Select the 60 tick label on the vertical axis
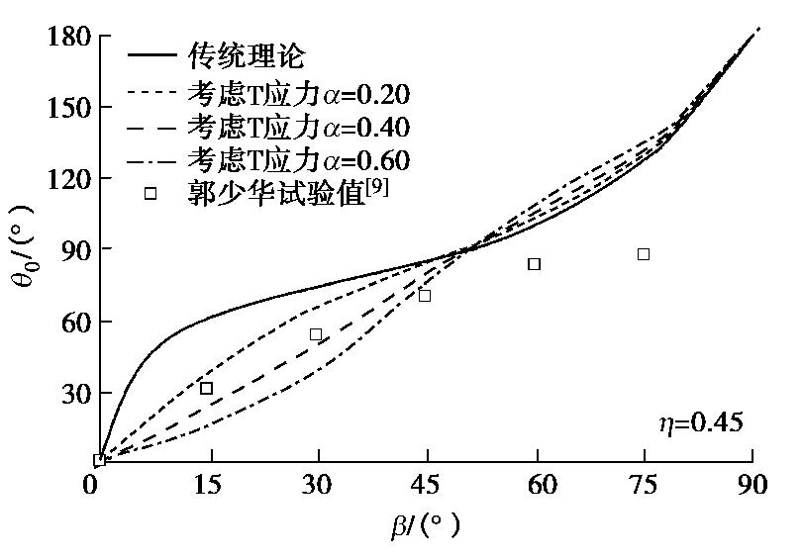75,323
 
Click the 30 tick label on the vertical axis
75,394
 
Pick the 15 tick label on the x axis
207,485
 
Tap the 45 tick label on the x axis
426,485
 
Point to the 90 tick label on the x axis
752,485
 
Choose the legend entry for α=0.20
297,94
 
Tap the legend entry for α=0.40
297,127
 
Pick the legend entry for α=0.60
297,159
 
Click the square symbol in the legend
150,193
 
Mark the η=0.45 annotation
701,423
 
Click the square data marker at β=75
644,254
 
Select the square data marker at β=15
206,388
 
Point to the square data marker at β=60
535,264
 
